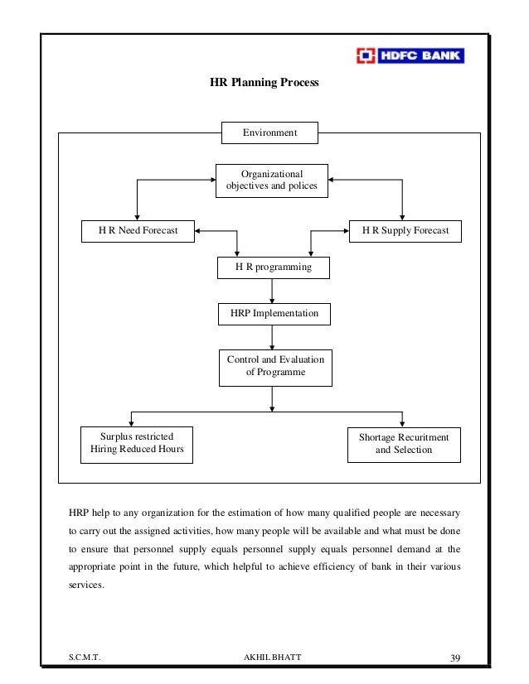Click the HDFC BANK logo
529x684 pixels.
[x=410, y=56]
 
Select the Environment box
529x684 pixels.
[x=269, y=132]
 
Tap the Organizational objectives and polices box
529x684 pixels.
[x=272, y=181]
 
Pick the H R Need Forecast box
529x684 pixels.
[x=137, y=230]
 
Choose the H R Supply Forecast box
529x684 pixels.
[x=405, y=230]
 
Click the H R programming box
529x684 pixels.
[x=273, y=268]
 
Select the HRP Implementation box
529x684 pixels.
[x=273, y=315]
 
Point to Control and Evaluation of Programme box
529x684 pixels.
[x=275, y=367]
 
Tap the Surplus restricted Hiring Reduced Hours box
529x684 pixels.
[x=137, y=443]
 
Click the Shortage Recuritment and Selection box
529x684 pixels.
[x=404, y=443]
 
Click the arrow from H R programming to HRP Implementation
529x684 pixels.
[x=273, y=291]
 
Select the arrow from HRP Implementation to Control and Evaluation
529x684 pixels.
[x=273, y=337]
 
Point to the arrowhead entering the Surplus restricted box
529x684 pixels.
[x=132, y=422]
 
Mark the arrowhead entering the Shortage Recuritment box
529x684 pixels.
[x=402, y=422]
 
